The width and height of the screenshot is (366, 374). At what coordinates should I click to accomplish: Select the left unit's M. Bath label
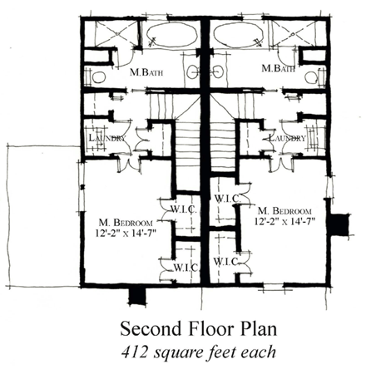tap(146, 72)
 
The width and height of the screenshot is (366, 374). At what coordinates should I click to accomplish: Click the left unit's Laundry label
tap(106, 139)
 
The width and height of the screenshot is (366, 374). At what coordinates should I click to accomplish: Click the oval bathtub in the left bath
tap(171, 37)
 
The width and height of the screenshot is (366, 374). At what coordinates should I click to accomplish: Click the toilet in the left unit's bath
tap(97, 77)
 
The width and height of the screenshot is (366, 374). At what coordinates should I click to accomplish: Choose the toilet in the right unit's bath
tap(313, 77)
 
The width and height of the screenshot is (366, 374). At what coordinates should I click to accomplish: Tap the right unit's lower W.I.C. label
tap(227, 262)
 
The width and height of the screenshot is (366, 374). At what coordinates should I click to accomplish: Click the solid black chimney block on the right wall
tap(338, 224)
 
